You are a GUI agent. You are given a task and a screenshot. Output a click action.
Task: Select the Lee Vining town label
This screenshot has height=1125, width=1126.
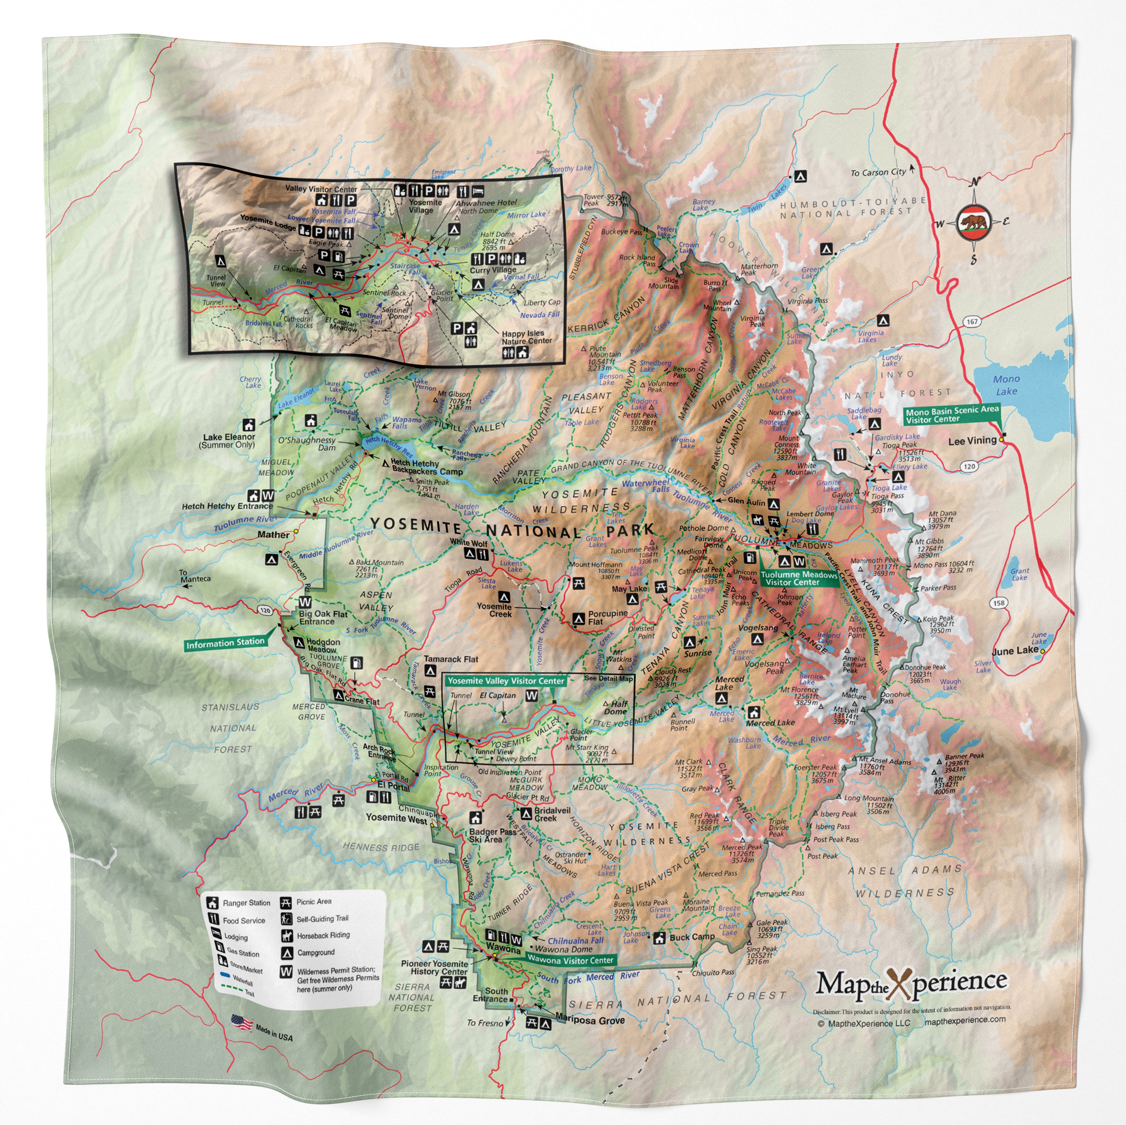click(x=972, y=441)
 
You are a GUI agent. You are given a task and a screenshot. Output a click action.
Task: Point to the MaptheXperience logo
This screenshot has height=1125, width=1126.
click(x=910, y=983)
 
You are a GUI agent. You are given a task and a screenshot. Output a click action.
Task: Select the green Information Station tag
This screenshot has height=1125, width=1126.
click(x=225, y=643)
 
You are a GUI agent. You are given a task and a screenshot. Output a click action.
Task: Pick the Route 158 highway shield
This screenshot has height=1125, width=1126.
click(x=1000, y=602)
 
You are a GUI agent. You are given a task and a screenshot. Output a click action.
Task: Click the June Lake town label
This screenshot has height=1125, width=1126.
click(x=1015, y=650)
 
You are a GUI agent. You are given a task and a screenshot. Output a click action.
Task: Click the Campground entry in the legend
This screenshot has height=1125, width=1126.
click(x=315, y=952)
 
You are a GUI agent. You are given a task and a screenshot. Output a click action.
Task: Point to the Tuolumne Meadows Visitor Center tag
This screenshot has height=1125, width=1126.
click(x=798, y=578)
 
